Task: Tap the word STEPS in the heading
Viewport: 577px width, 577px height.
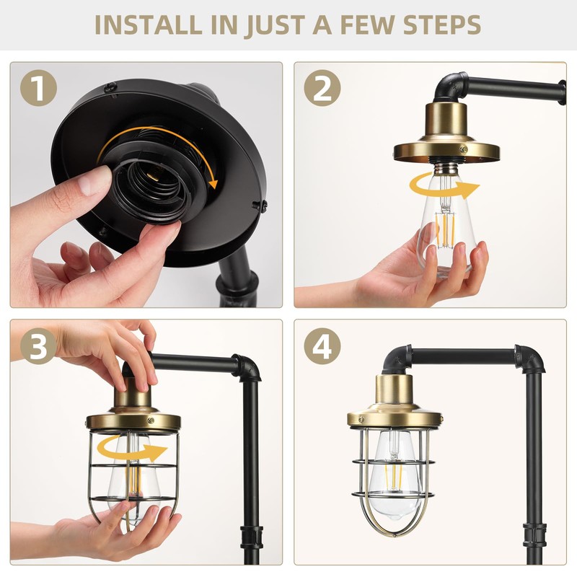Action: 442,25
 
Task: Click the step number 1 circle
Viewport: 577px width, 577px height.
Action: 39,88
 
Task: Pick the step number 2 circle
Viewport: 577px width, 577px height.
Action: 322,88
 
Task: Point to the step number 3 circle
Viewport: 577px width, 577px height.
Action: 39,346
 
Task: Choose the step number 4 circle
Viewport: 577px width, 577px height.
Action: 322,346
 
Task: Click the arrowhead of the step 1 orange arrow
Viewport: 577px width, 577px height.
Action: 213,182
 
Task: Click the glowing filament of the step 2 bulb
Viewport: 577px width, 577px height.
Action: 446,231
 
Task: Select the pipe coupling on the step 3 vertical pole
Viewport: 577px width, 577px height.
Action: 251,538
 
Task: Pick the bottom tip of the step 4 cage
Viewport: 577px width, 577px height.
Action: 395,534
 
